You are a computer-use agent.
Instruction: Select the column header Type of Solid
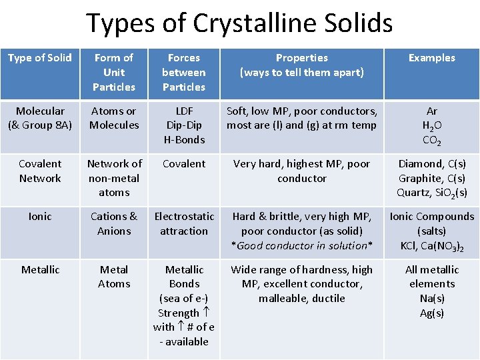40,58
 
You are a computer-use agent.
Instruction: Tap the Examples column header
431,58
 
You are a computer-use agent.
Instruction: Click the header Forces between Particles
184,72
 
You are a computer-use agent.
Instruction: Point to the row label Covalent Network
40,171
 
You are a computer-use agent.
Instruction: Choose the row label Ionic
40,217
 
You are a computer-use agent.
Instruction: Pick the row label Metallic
40,270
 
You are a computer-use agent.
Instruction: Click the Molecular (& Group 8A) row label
40,118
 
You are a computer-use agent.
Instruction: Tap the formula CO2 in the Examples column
431,141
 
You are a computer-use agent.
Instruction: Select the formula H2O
431,126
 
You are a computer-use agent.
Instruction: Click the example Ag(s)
432,313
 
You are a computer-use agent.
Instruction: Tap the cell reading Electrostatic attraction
184,223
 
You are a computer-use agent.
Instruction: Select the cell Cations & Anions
114,223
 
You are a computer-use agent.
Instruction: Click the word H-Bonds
184,140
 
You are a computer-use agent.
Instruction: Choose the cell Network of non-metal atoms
114,178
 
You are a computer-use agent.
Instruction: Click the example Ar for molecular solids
431,111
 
